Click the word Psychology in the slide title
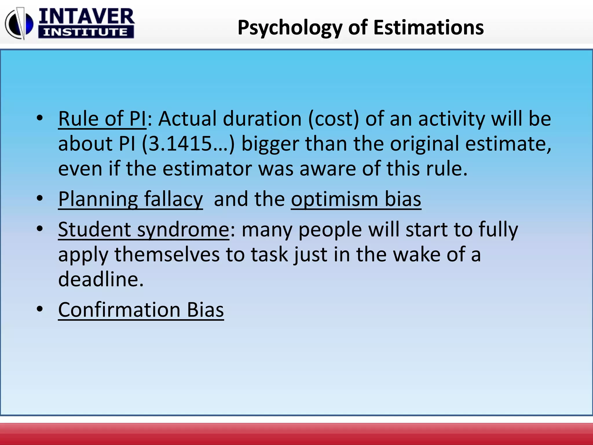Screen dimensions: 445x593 pyautogui.click(x=290, y=28)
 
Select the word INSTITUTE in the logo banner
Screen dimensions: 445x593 pyautogui.click(x=86, y=32)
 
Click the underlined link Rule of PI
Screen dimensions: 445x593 pyautogui.click(x=102, y=119)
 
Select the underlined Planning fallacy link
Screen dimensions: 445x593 pyautogui.click(x=130, y=199)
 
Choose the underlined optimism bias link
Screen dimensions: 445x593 pyautogui.click(x=356, y=199)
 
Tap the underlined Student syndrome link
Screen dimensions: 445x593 pyautogui.click(x=144, y=230)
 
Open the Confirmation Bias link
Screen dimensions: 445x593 pyautogui.click(x=141, y=310)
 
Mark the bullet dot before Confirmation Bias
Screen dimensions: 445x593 pyautogui.click(x=40, y=309)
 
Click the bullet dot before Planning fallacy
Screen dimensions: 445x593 pyautogui.click(x=40, y=198)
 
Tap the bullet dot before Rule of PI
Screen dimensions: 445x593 pyautogui.click(x=40, y=118)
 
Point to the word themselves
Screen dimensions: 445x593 pyautogui.click(x=167, y=254)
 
